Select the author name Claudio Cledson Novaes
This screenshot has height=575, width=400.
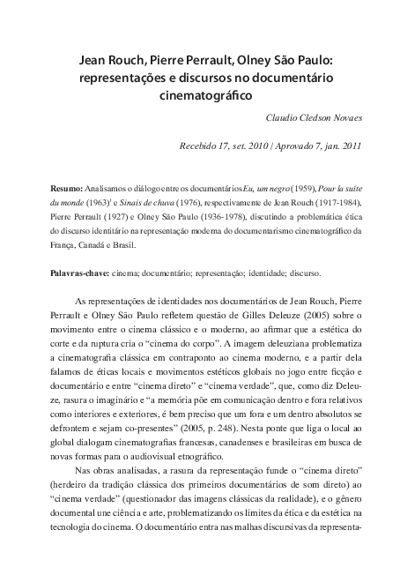pyautogui.click(x=313, y=116)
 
